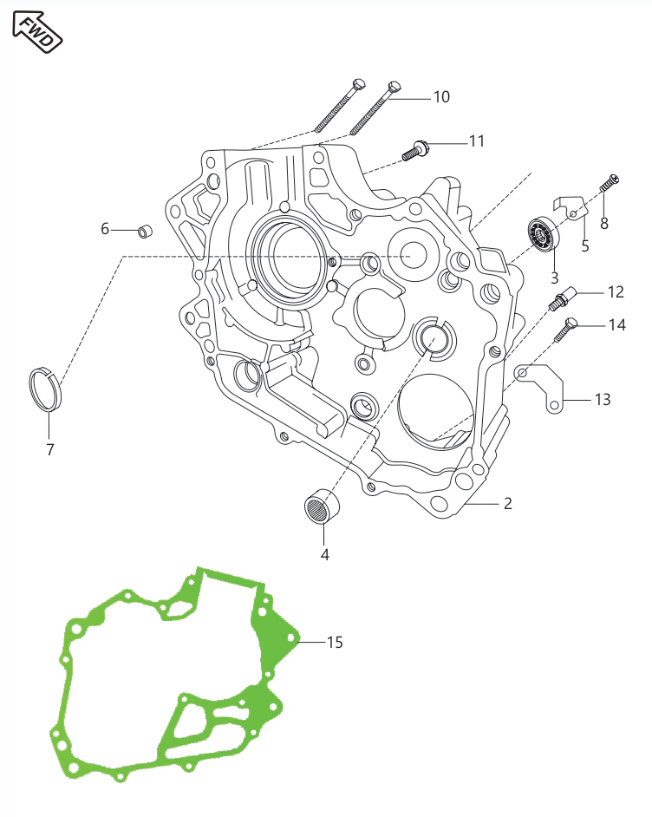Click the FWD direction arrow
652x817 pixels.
point(37,32)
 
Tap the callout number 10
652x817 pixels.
point(441,97)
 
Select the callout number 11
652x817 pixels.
point(477,141)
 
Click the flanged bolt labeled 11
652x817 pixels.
point(415,151)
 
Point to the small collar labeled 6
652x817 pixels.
point(145,231)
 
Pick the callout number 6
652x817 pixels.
point(105,229)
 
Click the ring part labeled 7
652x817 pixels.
point(45,389)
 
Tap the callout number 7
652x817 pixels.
point(50,449)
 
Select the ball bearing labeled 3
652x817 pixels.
point(544,233)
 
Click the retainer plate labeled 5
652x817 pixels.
point(570,207)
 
